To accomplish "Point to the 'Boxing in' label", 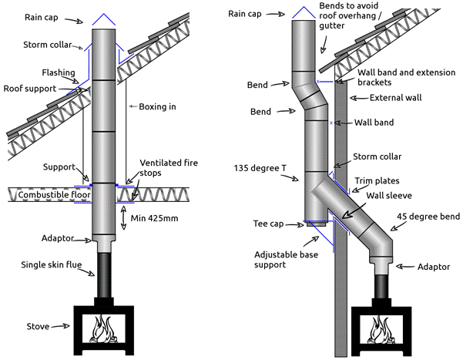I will [x=157, y=106].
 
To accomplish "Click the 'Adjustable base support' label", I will [x=284, y=259].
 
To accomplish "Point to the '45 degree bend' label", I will [x=428, y=216].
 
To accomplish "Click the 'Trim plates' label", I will [x=377, y=181].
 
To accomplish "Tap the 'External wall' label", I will [x=397, y=98].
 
